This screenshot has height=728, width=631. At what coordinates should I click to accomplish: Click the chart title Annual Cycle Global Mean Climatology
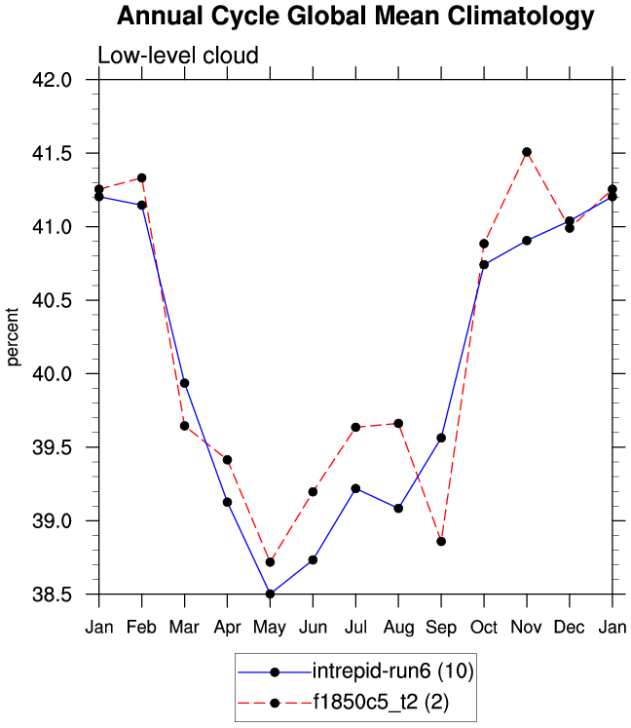(x=354, y=17)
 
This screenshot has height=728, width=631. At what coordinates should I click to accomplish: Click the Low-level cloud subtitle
(x=178, y=56)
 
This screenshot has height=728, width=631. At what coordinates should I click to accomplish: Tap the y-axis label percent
(x=14, y=336)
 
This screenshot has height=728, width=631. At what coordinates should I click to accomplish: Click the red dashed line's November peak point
(x=527, y=152)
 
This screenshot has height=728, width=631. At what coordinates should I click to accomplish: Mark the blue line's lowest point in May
(x=270, y=594)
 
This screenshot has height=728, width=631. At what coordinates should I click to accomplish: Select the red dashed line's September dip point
(x=441, y=541)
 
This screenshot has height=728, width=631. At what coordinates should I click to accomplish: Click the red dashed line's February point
(x=142, y=178)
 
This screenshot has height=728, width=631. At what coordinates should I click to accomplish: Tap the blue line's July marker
(x=355, y=488)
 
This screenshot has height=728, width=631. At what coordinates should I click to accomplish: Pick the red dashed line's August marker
(x=398, y=423)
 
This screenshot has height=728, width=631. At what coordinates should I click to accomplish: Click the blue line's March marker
(x=184, y=383)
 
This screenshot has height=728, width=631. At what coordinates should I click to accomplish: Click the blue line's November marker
(x=527, y=240)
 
